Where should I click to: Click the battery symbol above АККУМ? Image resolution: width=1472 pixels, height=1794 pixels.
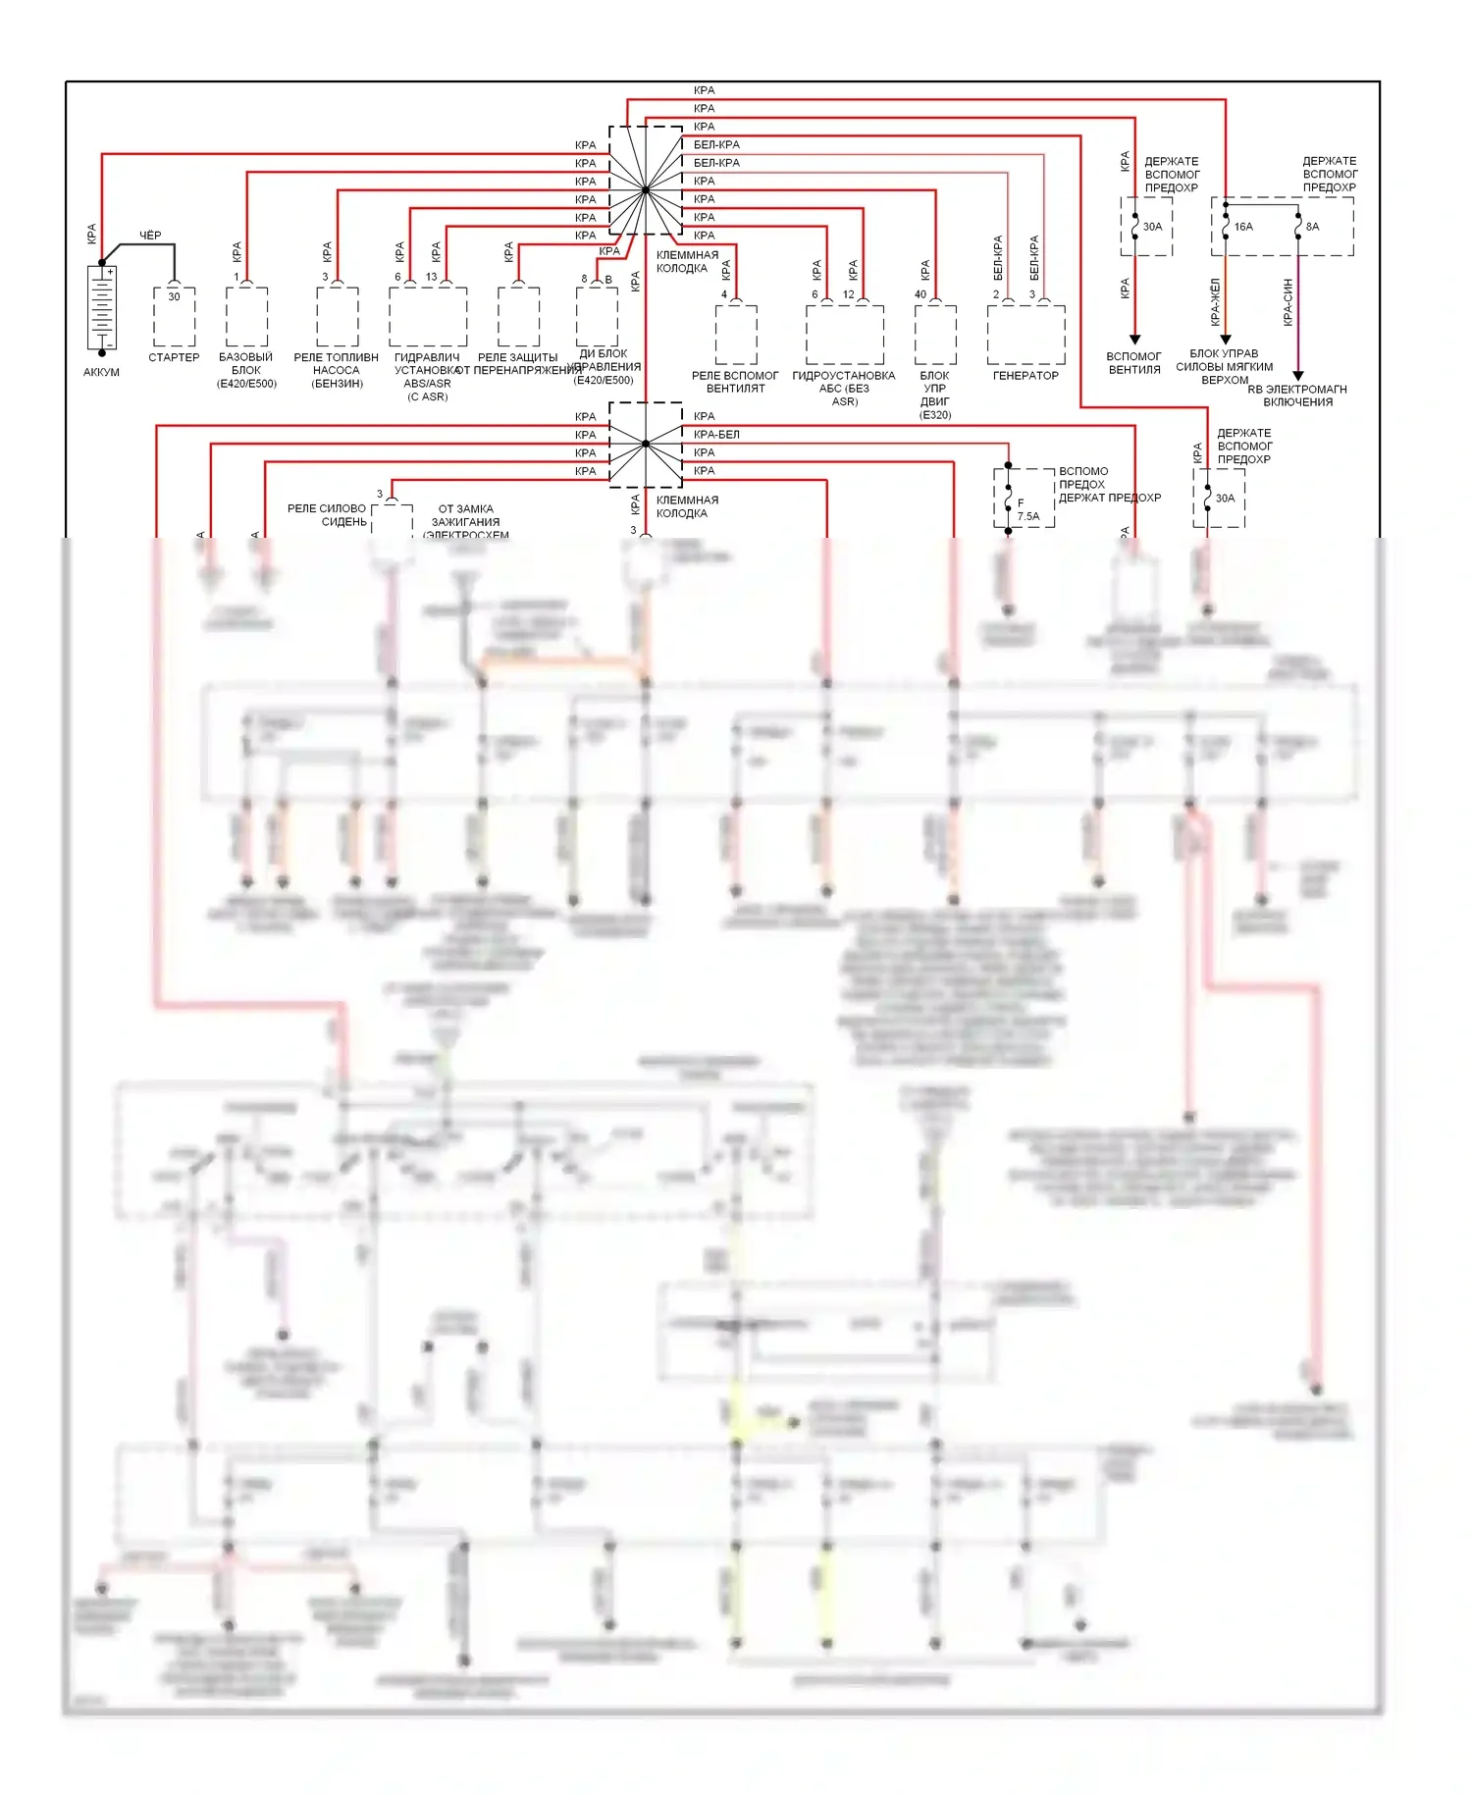coord(102,308)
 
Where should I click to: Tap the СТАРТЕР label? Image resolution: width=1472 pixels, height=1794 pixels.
coord(174,357)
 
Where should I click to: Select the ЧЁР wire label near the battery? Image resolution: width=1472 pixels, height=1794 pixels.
coord(150,236)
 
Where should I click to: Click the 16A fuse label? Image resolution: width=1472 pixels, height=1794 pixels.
coord(1243,227)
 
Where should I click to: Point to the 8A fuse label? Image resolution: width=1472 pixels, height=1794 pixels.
coord(1312,227)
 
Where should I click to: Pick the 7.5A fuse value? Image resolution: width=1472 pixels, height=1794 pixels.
coord(1027,516)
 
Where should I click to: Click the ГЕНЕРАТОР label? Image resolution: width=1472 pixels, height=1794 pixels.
coord(1025,376)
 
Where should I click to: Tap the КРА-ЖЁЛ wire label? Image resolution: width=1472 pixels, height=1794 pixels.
coord(1215,302)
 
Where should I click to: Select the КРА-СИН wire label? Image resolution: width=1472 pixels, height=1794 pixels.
coord(1288,302)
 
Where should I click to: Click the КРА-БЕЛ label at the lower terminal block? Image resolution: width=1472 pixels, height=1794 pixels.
coord(716,435)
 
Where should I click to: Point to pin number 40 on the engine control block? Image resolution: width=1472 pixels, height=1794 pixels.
coord(920,294)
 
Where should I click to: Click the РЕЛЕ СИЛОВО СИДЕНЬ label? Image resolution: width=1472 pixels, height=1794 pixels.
coord(327,515)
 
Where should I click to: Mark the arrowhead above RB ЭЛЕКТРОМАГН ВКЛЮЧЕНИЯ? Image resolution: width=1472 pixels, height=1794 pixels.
coord(1297,375)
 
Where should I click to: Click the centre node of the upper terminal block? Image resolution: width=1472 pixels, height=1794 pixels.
coord(646,189)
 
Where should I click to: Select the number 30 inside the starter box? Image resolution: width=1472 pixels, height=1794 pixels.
coord(174,296)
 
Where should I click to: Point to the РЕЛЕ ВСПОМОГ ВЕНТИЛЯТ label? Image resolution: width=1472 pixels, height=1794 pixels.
coord(735,382)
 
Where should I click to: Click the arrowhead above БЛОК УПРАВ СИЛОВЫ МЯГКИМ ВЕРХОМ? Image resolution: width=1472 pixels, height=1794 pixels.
coord(1226,340)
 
